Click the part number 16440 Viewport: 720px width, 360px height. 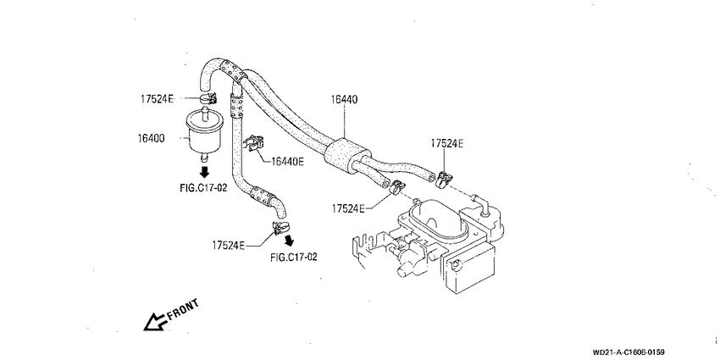pos(344,100)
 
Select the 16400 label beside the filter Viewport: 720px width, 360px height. pos(151,138)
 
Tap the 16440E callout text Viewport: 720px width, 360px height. pos(288,161)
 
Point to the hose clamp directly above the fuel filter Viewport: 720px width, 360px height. pos(208,97)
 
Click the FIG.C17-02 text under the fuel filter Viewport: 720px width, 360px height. pos(203,187)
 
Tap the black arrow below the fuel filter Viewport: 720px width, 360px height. pos(204,172)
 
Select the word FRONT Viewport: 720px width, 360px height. pos(183,309)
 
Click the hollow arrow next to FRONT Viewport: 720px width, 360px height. pos(155,321)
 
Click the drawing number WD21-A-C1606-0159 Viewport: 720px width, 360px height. pos(629,352)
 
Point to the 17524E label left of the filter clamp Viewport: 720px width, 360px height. pos(157,98)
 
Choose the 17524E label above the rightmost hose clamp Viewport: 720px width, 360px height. pos(446,143)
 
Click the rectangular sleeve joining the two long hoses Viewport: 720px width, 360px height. pos(346,154)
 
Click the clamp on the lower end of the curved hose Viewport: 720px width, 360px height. pos(280,227)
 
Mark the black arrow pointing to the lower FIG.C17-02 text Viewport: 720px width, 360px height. pos(289,241)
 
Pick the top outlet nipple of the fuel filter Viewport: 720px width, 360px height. pos(204,110)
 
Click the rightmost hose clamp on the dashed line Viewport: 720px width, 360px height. pos(443,179)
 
